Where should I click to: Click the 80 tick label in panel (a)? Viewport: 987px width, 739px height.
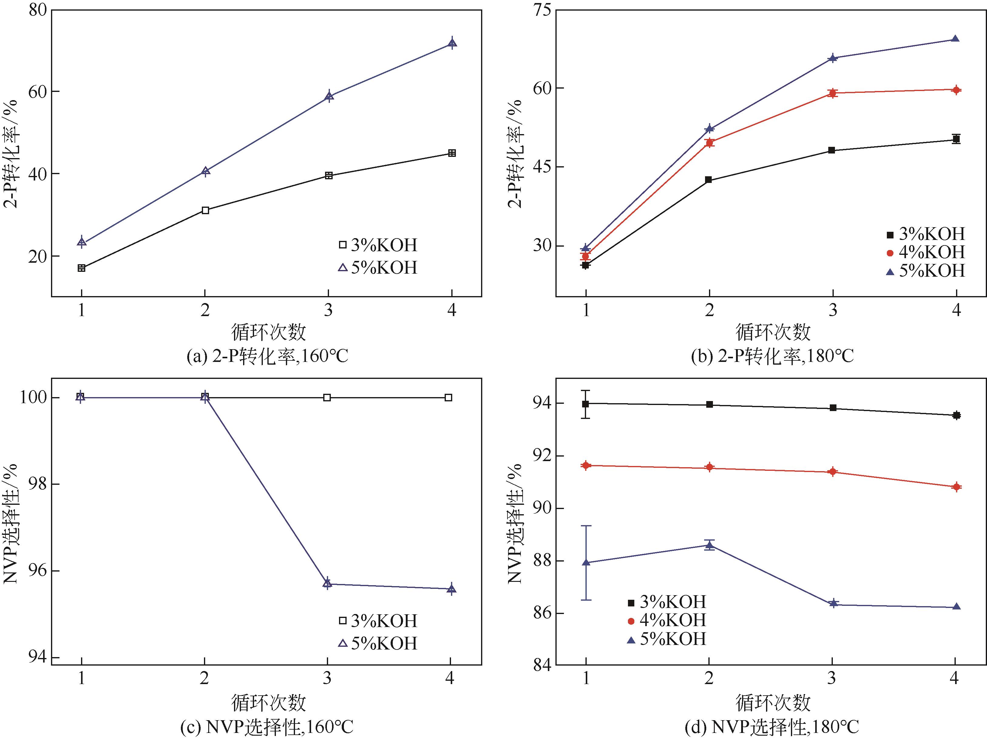coord(37,10)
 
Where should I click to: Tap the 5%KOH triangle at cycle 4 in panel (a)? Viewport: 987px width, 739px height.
coord(452,43)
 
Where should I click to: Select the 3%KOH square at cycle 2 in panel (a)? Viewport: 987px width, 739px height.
coord(205,210)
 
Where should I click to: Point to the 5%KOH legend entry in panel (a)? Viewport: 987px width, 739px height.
coord(378,268)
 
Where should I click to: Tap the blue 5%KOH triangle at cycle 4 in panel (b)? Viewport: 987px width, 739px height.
coord(955,39)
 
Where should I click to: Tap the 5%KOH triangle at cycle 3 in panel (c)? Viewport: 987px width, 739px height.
coord(327,583)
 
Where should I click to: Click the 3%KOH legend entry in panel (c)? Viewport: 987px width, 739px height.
coord(378,620)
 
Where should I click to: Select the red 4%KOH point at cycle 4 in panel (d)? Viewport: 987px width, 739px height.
coord(956,487)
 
